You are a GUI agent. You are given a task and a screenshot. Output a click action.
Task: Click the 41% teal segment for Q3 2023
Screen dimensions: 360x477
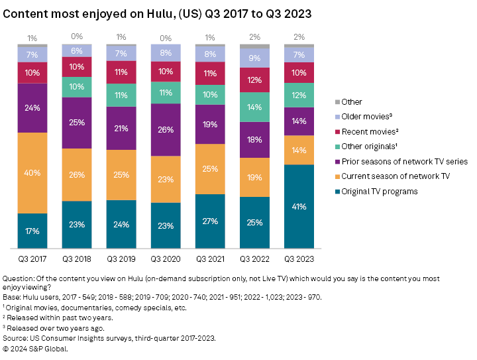click(x=299, y=206)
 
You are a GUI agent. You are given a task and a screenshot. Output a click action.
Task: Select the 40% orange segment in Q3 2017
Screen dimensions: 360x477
click(x=32, y=173)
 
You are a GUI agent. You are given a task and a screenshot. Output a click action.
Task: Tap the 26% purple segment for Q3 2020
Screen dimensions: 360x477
click(x=166, y=129)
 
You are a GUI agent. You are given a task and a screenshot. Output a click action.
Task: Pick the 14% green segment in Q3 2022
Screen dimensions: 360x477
click(x=255, y=107)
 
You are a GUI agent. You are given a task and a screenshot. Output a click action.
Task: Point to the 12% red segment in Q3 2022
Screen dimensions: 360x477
click(x=255, y=80)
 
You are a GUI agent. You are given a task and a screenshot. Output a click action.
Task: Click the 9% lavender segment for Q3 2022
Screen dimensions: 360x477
click(x=255, y=58)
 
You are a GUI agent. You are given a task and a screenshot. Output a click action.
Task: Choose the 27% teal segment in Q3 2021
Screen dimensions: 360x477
click(x=211, y=221)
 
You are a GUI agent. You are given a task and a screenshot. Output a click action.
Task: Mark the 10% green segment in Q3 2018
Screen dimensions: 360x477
click(x=77, y=87)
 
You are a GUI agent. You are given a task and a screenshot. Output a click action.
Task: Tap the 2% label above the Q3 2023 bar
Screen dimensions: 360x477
click(x=299, y=37)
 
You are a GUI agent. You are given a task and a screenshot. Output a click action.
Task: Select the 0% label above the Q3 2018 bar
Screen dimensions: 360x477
click(x=77, y=37)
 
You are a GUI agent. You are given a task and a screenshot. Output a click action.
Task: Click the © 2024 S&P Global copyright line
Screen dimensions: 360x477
click(x=35, y=348)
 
